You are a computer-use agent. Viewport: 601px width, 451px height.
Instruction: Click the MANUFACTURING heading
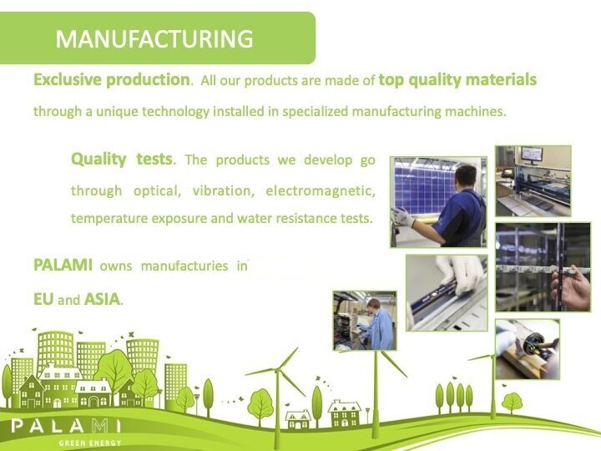pos(154,38)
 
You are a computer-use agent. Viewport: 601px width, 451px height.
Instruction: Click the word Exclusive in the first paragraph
pos(68,80)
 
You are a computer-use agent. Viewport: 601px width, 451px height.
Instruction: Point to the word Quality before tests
pos(98,160)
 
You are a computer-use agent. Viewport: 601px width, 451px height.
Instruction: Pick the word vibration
pos(224,190)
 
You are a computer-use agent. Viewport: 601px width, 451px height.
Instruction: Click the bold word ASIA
pos(103,300)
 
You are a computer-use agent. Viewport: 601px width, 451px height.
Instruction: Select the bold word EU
pos(43,300)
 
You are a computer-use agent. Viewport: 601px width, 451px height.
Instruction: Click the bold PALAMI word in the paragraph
pos(63,265)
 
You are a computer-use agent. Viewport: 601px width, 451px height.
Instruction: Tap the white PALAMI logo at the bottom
pos(66,426)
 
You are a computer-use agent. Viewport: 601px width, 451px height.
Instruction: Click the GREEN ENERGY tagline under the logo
pos(90,443)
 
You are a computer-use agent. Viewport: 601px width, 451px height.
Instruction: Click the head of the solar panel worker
pos(465,179)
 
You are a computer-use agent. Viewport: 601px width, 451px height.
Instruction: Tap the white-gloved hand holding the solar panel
pos(402,216)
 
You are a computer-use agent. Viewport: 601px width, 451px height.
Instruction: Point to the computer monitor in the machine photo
pos(531,154)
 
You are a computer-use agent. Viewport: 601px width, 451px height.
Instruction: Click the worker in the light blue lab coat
pos(379,324)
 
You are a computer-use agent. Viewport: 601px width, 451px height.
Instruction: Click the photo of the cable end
pos(528,349)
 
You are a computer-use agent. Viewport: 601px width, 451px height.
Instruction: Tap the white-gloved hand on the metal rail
pos(460,274)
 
